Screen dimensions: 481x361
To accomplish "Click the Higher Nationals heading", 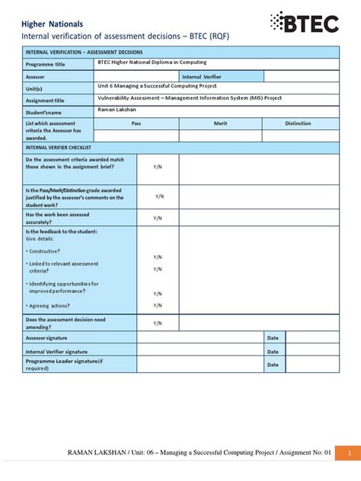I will point(53,24).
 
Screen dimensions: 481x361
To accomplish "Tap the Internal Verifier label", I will point(202,77).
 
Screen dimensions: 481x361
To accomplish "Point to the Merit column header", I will point(216,123).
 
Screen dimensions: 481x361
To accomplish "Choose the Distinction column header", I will point(298,123).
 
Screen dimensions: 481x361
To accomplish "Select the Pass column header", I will point(136,123).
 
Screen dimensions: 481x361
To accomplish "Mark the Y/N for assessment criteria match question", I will point(158,166).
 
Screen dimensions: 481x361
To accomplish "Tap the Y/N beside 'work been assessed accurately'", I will point(158,218).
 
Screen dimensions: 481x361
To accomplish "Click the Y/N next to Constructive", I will point(158,257).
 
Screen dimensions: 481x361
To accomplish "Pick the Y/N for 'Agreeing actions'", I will point(158,304).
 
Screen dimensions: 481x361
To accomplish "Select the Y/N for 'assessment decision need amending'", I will point(158,323).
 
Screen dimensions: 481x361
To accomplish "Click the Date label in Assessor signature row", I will point(273,337).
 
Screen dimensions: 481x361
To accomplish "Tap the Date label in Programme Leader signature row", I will point(273,365).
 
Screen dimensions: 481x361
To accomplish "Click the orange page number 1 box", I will point(348,452).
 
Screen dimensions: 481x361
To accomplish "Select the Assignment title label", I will point(45,100).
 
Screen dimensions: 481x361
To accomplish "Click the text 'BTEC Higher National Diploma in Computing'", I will point(152,62).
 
